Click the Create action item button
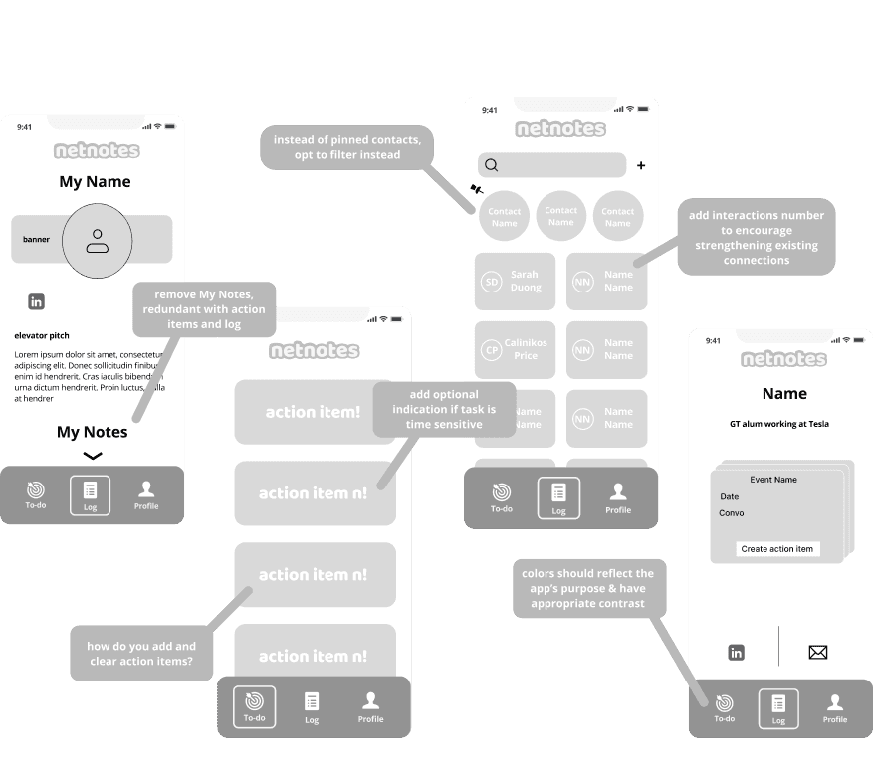[777, 549]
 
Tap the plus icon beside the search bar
[641, 165]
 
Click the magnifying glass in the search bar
[492, 165]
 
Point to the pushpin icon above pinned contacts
[476, 188]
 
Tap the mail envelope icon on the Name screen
[818, 653]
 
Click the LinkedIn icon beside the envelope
[737, 653]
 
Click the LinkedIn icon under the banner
[37, 301]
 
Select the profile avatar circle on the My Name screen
[97, 240]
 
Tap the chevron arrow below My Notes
[93, 456]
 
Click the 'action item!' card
[313, 411]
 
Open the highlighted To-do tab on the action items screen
[255, 707]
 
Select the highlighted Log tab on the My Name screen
[90, 495]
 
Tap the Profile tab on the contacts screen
[618, 497]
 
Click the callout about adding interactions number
[757, 238]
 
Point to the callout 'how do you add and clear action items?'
[142, 654]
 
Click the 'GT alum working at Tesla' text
[779, 424]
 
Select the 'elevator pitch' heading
[42, 336]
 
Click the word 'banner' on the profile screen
[37, 240]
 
